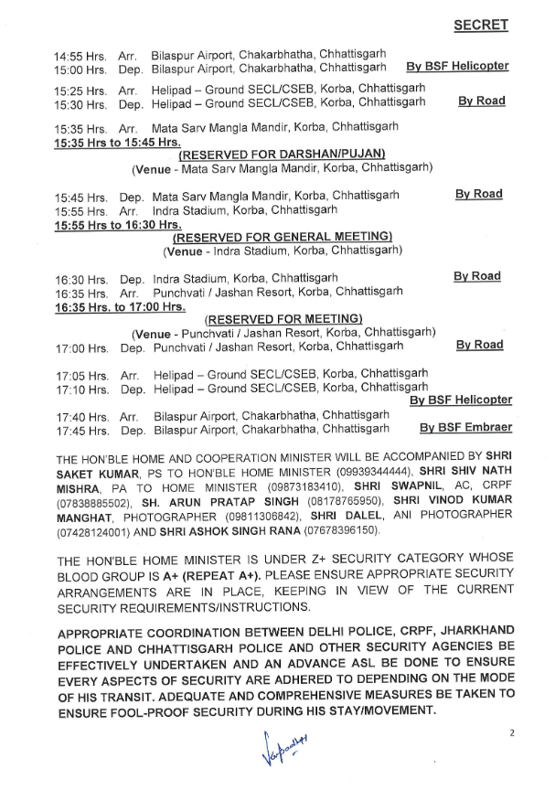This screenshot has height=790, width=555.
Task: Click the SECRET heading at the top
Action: click(481, 26)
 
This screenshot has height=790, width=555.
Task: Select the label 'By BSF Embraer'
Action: click(465, 427)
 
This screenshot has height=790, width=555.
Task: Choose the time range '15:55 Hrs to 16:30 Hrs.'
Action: click(118, 224)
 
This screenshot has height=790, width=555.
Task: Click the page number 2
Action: click(513, 732)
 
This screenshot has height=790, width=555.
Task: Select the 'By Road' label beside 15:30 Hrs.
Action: click(481, 101)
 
